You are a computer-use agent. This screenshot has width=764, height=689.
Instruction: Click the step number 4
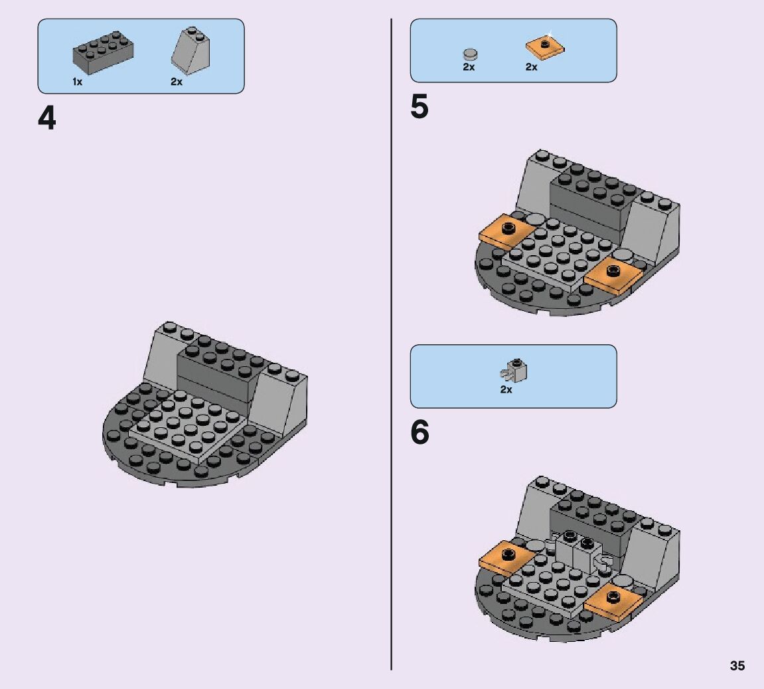point(46,118)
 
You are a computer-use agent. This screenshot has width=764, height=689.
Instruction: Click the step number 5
point(419,107)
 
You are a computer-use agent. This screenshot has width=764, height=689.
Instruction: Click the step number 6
point(420,433)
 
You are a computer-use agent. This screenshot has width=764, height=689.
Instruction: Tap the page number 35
point(737,666)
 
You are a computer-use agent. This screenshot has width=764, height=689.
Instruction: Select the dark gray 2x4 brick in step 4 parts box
point(104,52)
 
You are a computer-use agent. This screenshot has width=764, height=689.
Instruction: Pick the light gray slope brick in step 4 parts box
point(191,50)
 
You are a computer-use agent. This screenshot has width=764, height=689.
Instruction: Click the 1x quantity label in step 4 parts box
point(78,82)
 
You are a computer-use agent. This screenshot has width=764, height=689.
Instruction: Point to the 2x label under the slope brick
point(177,82)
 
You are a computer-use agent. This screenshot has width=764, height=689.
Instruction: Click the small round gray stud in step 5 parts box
point(470,54)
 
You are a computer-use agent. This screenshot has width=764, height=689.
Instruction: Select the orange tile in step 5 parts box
point(545,47)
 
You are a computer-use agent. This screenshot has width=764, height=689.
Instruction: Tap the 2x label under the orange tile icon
point(531,67)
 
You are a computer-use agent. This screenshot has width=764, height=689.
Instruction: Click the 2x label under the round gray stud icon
point(469,67)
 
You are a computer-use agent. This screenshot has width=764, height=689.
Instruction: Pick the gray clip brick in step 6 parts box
point(514,371)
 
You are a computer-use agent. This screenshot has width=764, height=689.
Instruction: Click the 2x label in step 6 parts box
point(506,389)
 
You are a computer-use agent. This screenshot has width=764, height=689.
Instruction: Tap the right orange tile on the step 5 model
point(613,276)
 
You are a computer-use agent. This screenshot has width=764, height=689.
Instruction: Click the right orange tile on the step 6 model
point(613,603)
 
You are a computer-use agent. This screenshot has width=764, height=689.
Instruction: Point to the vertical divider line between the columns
point(391,344)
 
